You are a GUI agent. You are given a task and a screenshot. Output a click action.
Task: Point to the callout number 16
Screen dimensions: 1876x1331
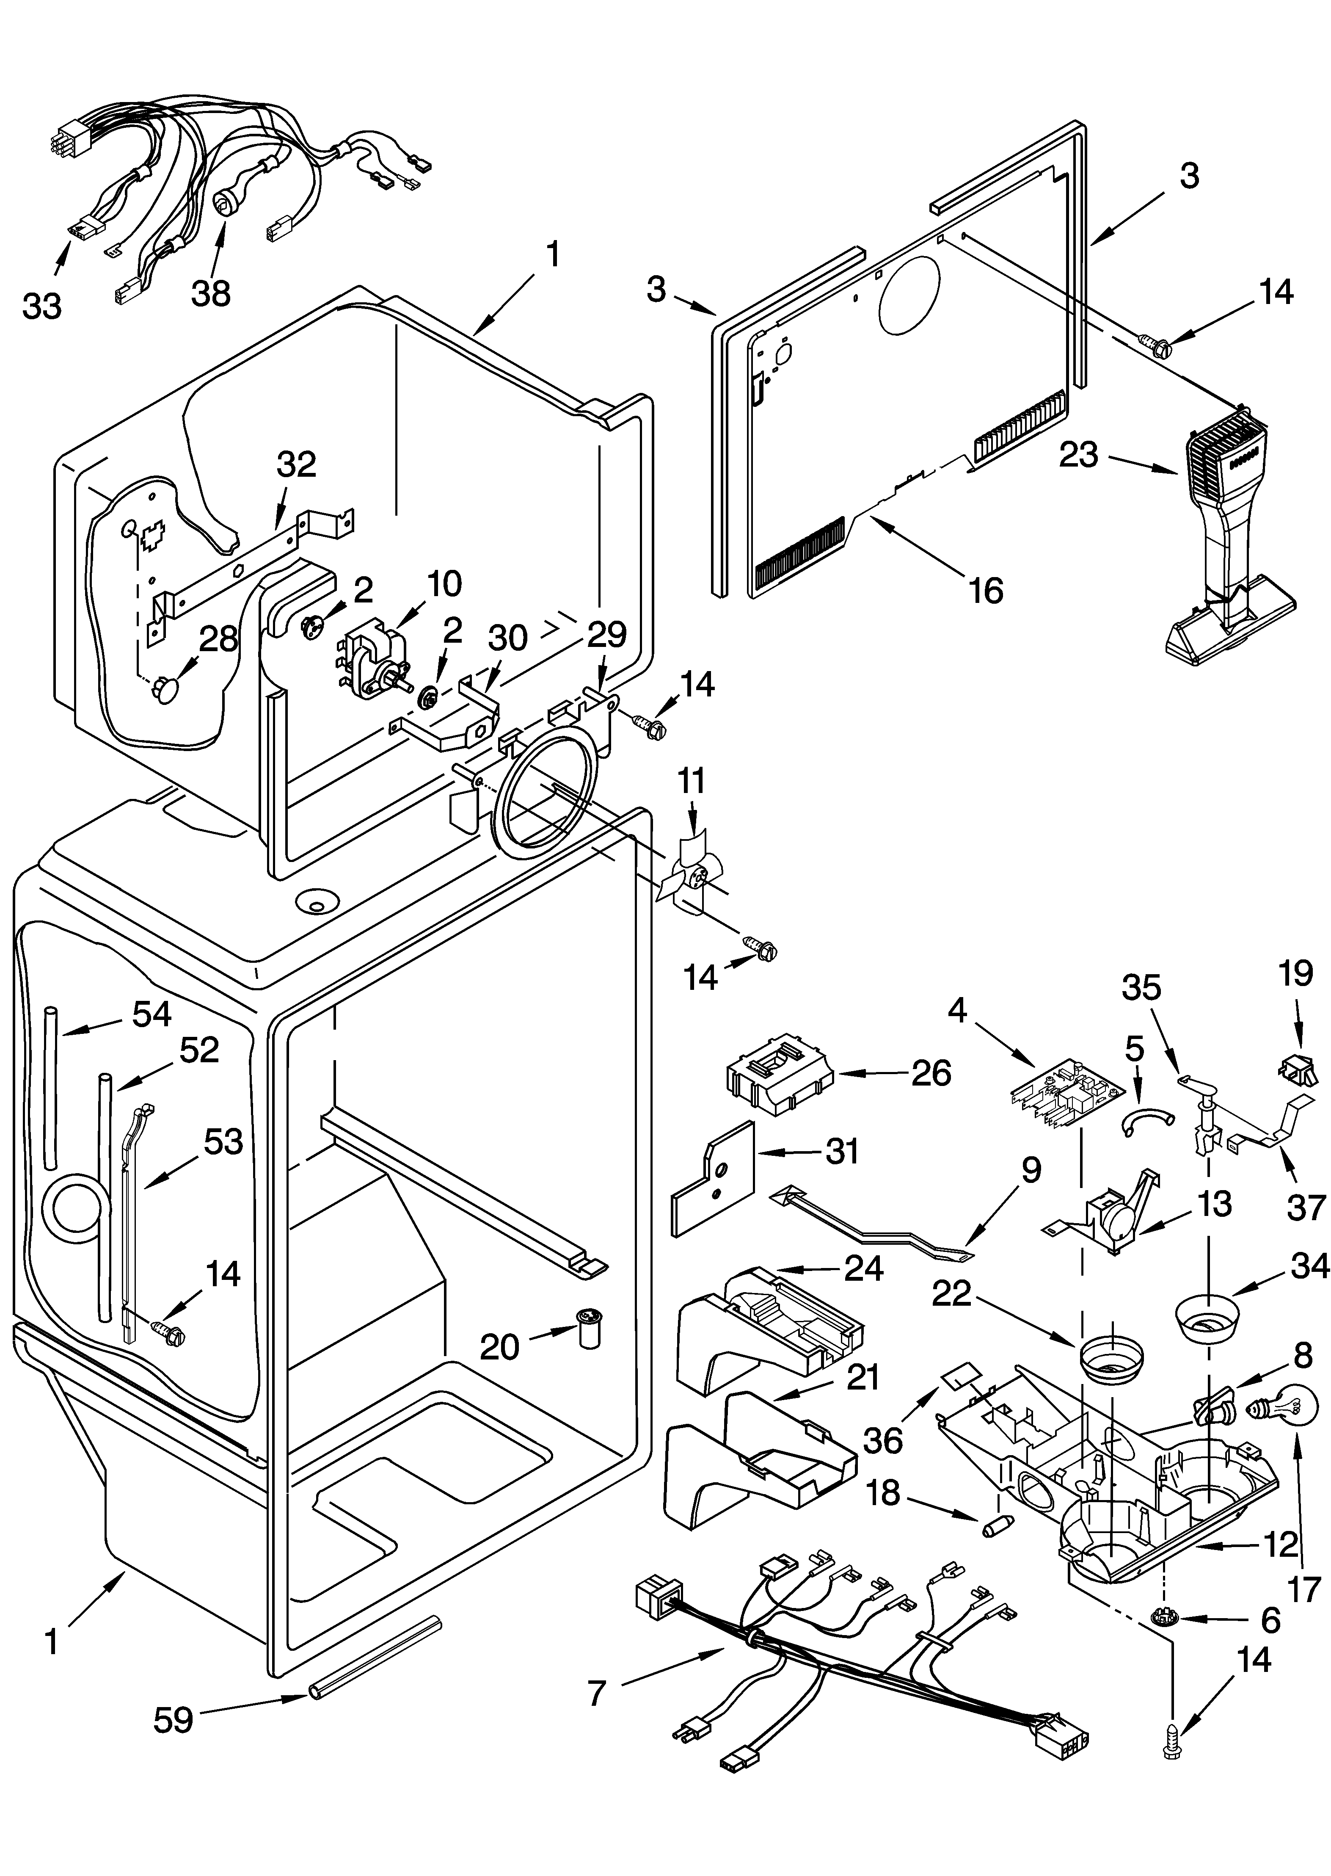coord(986,590)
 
